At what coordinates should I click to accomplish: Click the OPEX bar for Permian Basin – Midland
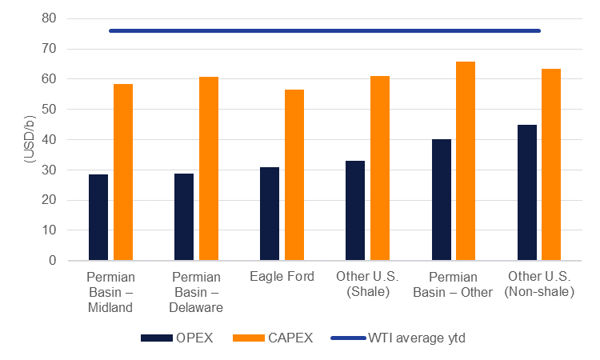click(x=98, y=217)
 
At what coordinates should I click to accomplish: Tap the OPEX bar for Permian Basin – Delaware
click(x=184, y=217)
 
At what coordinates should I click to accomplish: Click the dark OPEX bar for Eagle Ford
click(x=270, y=214)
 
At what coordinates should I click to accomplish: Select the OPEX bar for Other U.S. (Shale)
click(x=355, y=210)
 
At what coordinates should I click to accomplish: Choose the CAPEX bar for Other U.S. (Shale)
click(x=380, y=168)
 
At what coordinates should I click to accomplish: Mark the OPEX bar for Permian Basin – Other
click(x=442, y=200)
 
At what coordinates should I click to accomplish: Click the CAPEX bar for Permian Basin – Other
click(x=466, y=161)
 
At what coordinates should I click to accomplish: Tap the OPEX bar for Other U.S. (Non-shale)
click(x=527, y=192)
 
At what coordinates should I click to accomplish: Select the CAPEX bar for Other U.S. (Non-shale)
click(x=551, y=164)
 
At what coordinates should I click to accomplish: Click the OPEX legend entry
click(x=177, y=338)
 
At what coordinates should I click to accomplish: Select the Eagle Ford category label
click(x=282, y=277)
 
